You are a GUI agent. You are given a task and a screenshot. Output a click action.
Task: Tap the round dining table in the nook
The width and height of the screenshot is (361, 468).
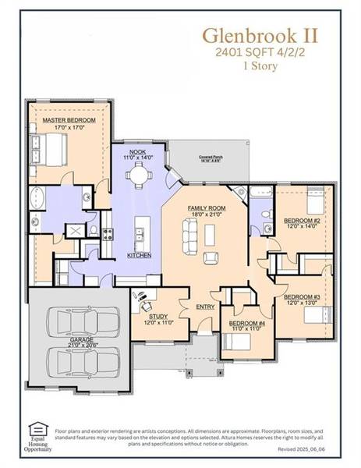(138, 175)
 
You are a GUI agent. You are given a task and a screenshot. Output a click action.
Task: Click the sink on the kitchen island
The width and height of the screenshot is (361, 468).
(139, 232)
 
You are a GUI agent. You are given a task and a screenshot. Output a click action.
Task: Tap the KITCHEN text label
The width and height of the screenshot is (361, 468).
(139, 256)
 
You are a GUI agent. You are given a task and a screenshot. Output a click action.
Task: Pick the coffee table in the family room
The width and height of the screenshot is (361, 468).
(209, 232)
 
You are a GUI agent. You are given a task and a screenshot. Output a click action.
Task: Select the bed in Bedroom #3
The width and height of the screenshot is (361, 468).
(320, 315)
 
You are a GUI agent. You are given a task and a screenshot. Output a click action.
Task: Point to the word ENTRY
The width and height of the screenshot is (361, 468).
(206, 307)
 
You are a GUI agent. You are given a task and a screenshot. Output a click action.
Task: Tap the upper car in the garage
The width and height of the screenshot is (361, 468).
(83, 321)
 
